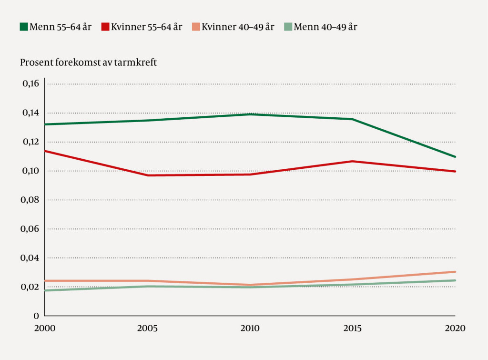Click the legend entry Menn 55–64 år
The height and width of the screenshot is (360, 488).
55,27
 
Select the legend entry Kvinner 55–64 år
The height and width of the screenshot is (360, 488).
142,27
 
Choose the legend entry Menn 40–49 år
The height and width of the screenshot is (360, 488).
321,27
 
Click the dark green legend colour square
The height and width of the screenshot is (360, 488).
24,27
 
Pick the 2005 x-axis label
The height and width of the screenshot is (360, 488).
147,328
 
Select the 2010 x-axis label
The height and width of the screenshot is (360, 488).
250,328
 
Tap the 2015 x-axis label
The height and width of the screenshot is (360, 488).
353,328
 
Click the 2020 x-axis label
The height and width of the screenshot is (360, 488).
454,328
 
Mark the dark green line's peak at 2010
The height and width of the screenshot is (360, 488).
250,114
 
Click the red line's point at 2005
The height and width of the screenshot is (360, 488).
147,175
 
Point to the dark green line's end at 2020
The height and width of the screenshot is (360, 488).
455,157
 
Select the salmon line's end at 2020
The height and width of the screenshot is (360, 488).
455,272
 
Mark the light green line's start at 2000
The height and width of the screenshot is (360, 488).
45,290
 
